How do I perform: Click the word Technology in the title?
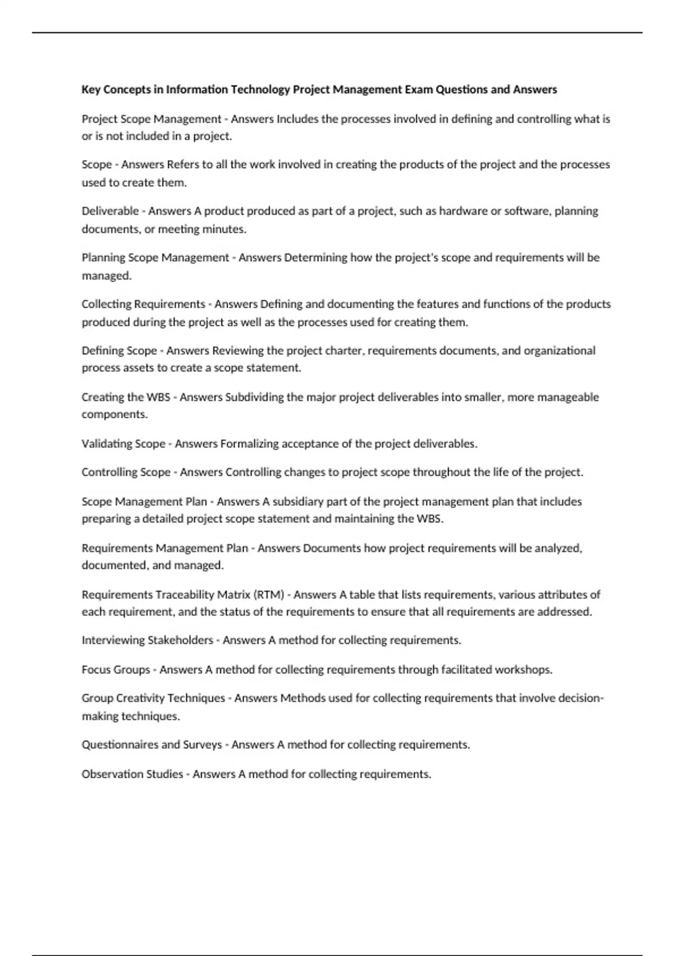[x=260, y=89]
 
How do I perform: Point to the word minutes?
[x=224, y=229]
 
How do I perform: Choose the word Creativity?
[x=140, y=698]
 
